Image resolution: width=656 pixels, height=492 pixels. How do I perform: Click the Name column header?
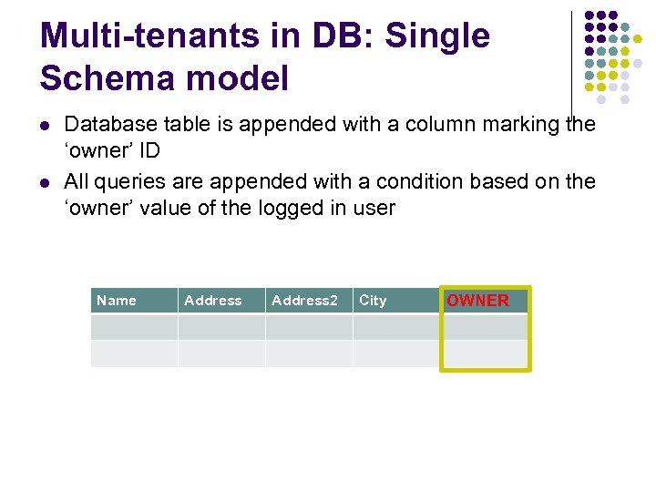tap(117, 301)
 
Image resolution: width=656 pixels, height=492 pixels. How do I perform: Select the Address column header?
tap(213, 301)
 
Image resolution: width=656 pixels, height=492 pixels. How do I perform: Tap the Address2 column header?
tap(304, 301)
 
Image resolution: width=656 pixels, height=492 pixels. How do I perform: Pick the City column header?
tap(373, 301)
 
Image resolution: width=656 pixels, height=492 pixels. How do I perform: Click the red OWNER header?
tap(477, 301)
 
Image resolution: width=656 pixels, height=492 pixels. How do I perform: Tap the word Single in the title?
tap(437, 36)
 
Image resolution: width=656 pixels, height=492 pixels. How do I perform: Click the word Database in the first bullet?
tap(108, 124)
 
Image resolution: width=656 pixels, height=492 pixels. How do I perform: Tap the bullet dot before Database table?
tap(45, 125)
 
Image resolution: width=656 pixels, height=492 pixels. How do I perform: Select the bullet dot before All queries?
tap(45, 182)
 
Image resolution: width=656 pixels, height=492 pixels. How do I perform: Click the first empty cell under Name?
tap(134, 327)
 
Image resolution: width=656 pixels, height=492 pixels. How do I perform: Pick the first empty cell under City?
tap(395, 327)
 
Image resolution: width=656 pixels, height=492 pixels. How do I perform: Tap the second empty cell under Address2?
tap(309, 354)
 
